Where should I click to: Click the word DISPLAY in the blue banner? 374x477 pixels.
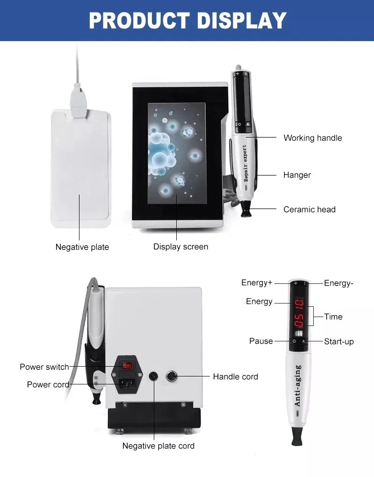242,21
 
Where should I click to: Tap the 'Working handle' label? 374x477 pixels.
313,138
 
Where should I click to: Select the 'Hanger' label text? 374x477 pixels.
297,175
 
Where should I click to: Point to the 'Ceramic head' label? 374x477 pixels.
309,210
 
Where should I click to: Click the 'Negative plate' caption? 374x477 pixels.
82,247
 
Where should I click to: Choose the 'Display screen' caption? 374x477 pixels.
180,247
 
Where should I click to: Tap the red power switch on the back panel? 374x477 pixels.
127,365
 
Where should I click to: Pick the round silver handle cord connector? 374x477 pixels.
172,376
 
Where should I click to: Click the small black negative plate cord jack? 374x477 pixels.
153,376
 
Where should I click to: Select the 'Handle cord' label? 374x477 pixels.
235,376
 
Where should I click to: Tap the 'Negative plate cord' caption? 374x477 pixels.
158,446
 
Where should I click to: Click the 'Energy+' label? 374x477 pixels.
257,282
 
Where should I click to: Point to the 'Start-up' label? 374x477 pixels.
339,342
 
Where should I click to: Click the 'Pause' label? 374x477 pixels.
261,341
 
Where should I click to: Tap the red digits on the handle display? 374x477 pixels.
299,313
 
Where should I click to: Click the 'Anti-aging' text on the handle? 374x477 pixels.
297,385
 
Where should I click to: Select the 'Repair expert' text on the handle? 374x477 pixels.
245,163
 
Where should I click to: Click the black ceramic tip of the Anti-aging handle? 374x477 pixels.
296,436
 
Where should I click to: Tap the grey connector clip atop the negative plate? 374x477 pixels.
79,102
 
